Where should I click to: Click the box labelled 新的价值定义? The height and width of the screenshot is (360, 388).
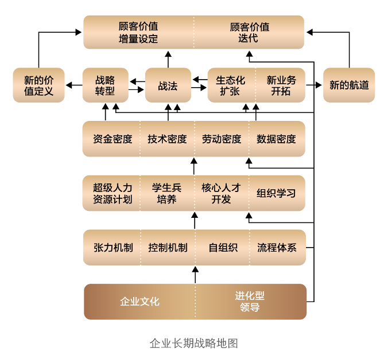(38, 85)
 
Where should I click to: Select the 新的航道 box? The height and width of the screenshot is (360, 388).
(349, 85)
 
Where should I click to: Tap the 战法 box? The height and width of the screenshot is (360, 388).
(168, 85)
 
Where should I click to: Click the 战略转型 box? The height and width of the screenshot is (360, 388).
(105, 85)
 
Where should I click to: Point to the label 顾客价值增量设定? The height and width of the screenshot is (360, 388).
(138, 33)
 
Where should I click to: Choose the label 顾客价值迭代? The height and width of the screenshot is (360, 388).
(249, 33)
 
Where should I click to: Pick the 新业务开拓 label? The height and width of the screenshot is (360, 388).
(281, 85)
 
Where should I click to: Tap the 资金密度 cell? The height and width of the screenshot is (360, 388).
(112, 139)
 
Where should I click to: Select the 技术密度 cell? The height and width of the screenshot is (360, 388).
(167, 139)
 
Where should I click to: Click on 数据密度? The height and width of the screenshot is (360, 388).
(277, 139)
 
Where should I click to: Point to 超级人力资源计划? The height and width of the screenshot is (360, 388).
(112, 193)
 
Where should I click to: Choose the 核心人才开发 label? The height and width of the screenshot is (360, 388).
(222, 193)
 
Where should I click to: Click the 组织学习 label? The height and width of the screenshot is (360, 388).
(276, 193)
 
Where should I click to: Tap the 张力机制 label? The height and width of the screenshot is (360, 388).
(113, 248)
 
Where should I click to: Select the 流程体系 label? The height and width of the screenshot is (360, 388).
(277, 248)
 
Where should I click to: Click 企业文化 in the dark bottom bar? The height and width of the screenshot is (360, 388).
(139, 302)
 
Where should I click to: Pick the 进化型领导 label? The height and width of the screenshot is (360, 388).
(250, 302)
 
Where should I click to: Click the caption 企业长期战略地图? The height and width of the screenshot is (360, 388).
(193, 343)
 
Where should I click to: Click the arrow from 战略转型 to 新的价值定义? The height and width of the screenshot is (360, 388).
(73, 85)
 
